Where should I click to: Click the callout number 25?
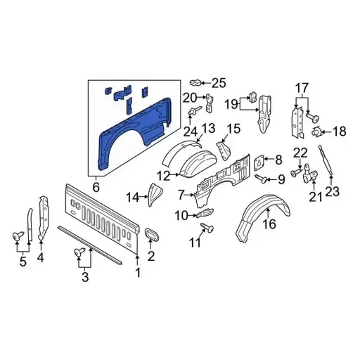tap(219, 83)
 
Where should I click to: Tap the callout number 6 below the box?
tap(96, 187)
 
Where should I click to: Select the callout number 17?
tap(301, 88)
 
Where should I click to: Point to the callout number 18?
tap(339, 131)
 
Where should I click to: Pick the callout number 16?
tap(269, 225)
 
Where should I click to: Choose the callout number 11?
tap(195, 243)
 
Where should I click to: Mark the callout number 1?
tap(138, 271)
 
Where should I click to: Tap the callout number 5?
tap(22, 263)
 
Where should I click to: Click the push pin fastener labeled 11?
tap(208, 226)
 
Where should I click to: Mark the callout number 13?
tap(207, 127)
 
